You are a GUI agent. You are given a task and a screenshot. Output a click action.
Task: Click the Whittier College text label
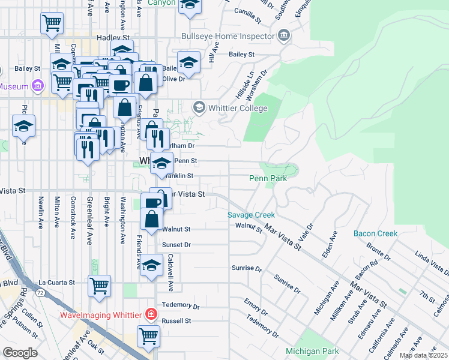pos(238,108)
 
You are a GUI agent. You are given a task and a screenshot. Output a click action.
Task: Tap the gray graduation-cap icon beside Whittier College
pos(199,107)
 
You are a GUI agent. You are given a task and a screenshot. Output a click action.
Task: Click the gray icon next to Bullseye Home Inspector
pos(284,37)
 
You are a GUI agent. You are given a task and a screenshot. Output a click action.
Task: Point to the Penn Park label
pos(268,178)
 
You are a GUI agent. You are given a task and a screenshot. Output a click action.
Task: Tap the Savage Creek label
pos(251,215)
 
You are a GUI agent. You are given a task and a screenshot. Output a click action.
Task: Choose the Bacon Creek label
pos(375,233)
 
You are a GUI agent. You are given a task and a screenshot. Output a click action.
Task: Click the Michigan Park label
pos(312,352)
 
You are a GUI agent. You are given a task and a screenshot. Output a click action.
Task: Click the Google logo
pos(20,352)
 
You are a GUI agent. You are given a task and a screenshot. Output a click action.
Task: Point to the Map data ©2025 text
pos(423,355)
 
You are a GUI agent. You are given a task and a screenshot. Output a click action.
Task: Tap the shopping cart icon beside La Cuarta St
pos(99,285)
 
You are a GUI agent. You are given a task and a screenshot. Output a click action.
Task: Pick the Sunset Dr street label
pos(176,245)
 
